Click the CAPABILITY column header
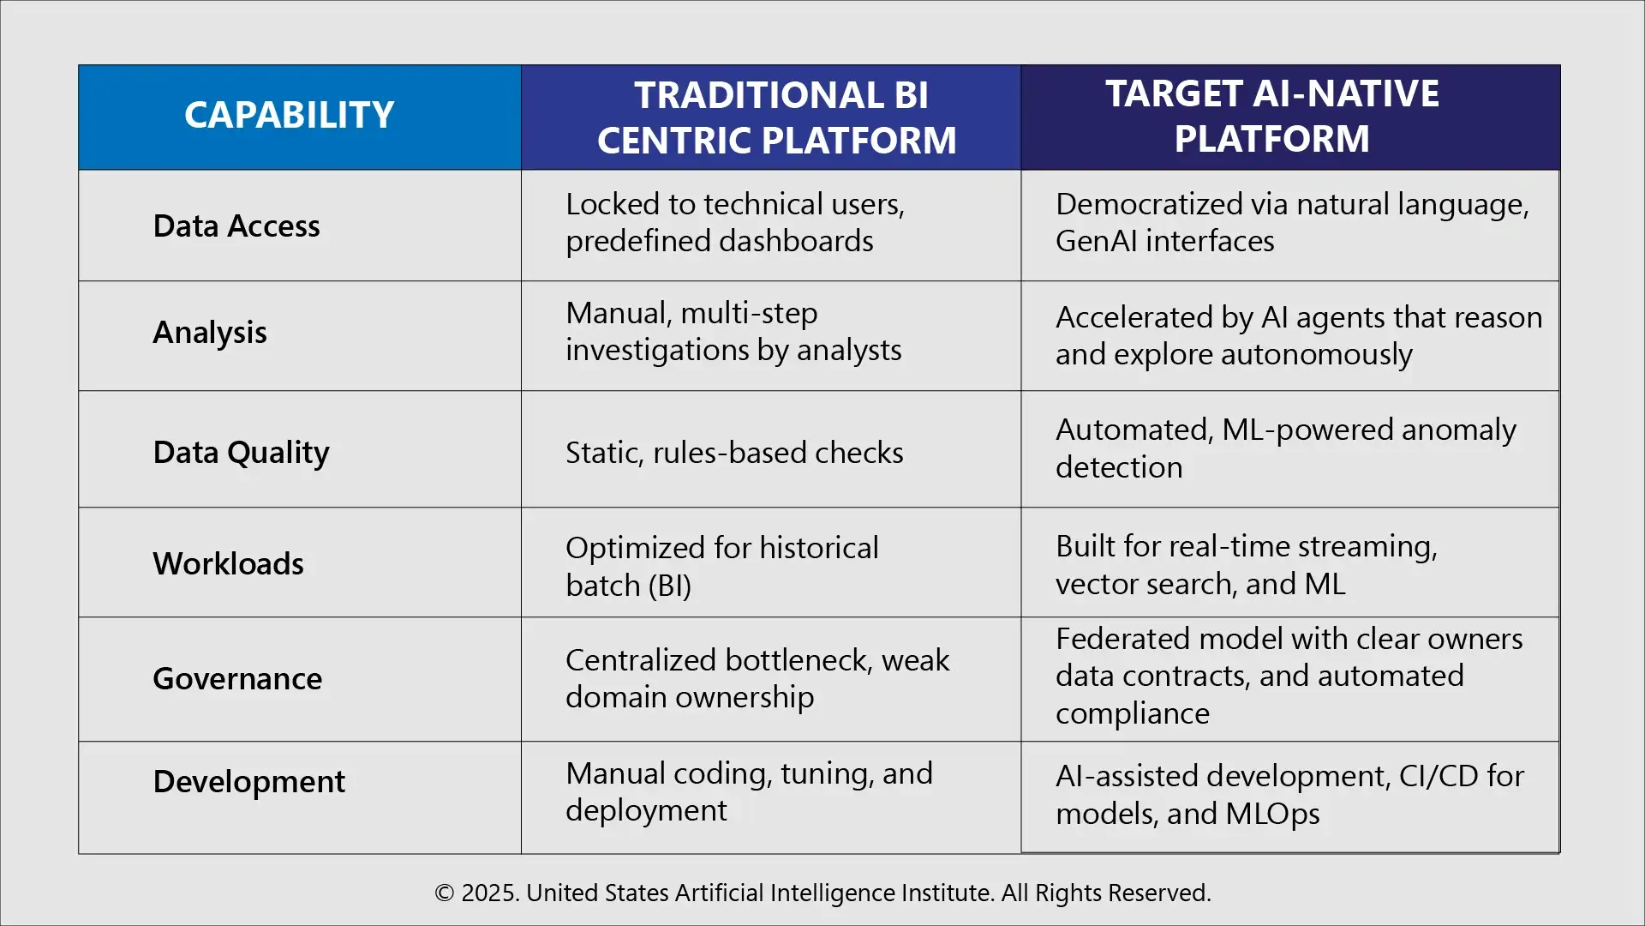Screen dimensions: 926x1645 point(289,115)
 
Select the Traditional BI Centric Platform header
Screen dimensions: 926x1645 point(776,117)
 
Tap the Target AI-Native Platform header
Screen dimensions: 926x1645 point(1271,116)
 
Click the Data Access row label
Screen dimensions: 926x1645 point(236,225)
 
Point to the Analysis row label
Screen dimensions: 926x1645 point(210,332)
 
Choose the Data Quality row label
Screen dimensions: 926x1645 point(241,452)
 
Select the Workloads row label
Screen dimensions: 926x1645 point(228,563)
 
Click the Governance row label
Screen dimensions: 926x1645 point(237,678)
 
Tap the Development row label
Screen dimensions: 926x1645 point(248,781)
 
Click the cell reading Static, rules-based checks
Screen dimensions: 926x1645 point(734,452)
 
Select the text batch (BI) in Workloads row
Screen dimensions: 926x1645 point(628,586)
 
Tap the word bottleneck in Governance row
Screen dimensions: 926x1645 point(797,660)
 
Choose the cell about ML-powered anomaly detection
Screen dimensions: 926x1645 point(1285,448)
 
